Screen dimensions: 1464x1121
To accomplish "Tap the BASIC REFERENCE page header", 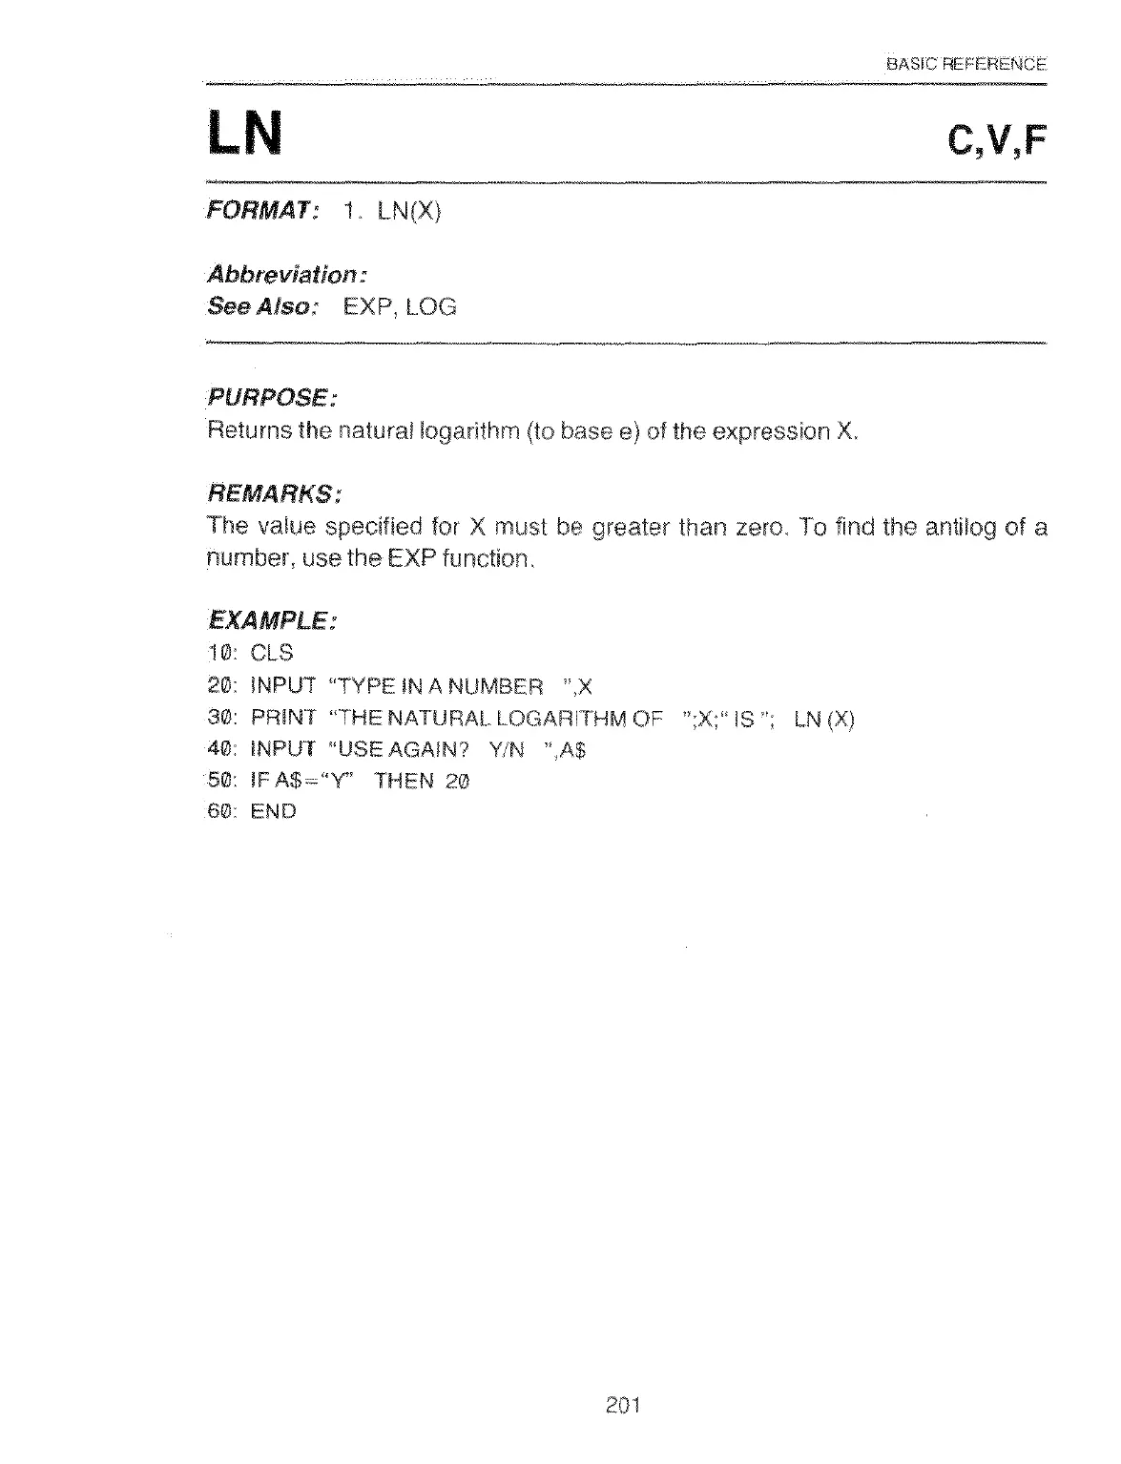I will [x=966, y=65].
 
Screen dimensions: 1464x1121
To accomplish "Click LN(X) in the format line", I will [x=407, y=211].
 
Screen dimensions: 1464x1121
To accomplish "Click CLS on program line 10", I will [x=272, y=654].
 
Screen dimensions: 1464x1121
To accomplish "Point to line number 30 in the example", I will [x=220, y=719].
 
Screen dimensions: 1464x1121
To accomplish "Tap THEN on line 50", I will [x=405, y=782].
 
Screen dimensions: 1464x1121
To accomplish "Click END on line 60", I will [x=274, y=812].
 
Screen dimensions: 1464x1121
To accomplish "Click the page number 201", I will [x=621, y=1405].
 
